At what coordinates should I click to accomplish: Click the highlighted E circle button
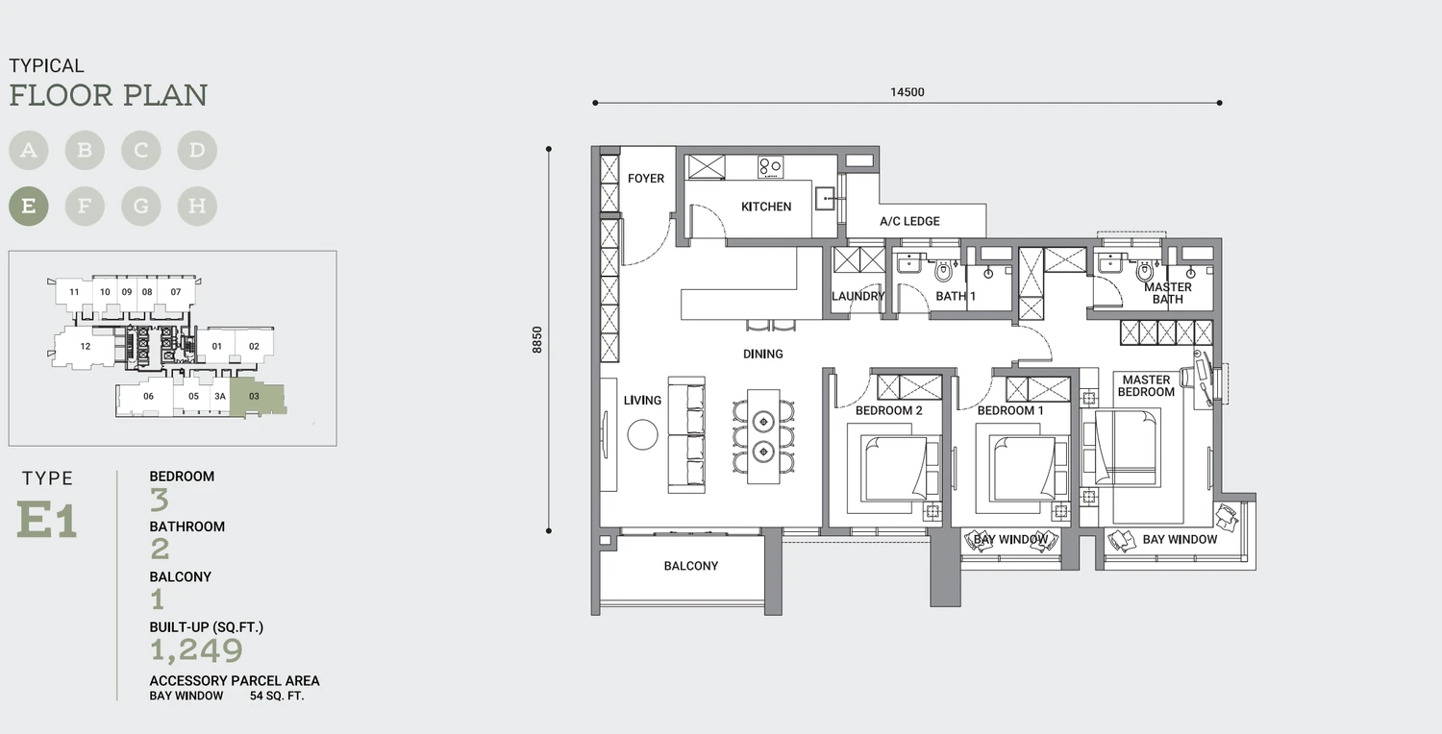coord(28,206)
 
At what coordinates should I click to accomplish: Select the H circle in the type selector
coord(197,206)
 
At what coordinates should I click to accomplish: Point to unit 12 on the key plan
coord(85,347)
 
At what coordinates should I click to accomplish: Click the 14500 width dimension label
coord(907,92)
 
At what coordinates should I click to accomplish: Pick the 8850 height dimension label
coord(536,340)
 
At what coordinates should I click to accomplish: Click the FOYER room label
coord(646,178)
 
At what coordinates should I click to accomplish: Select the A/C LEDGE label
coord(909,221)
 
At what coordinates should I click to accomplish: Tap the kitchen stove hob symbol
coord(770,167)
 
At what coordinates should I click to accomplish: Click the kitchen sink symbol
coord(825,199)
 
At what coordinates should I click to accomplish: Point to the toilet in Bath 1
coord(943,271)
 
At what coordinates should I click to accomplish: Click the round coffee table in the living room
coord(642,435)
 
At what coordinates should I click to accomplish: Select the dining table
coord(763,437)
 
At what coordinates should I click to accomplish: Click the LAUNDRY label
coord(858,297)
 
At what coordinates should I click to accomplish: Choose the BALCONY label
coord(691,566)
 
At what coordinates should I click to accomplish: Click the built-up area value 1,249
coord(196,650)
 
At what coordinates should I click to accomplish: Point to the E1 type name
coord(47,520)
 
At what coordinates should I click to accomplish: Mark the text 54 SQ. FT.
coord(277,696)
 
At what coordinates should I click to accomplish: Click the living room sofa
coord(686,435)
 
